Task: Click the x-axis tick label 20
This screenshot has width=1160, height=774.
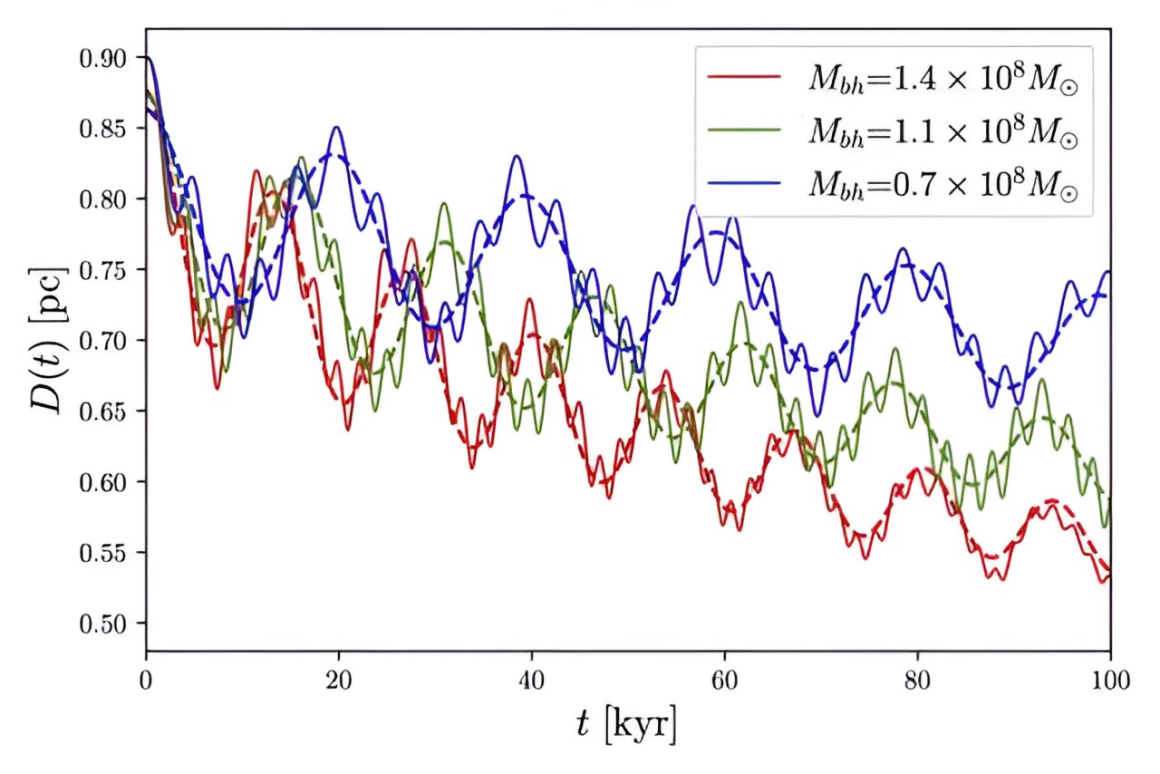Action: tap(338, 679)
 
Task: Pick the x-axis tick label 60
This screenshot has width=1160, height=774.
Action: tap(724, 679)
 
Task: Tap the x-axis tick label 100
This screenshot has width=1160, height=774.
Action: tap(1109, 679)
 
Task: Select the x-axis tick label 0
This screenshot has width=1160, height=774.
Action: tap(146, 679)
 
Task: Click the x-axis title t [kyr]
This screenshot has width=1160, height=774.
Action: tap(627, 725)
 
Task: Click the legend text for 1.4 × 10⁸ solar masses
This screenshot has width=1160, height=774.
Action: tap(943, 80)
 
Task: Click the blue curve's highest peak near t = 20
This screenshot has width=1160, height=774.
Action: tap(337, 127)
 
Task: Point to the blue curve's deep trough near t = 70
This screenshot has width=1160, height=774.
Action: tap(817, 416)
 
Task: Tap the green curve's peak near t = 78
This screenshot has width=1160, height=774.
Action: tap(895, 349)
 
